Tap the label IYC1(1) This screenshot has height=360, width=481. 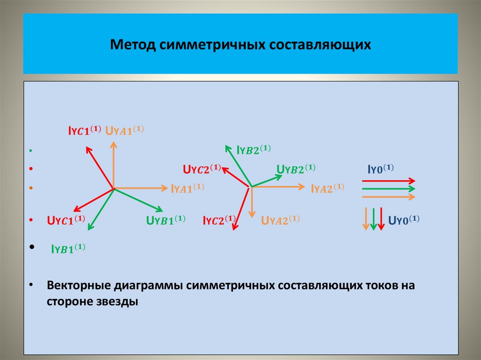coord(83,131)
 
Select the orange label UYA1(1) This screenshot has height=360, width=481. coord(125,131)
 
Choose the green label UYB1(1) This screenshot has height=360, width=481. coord(165,220)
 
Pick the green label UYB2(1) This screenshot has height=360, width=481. coord(296,169)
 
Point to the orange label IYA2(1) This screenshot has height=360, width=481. coord(327,188)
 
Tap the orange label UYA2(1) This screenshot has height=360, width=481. coord(280,220)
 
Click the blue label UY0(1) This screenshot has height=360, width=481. coord(403,219)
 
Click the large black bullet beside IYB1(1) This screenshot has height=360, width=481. coord(31,246)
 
